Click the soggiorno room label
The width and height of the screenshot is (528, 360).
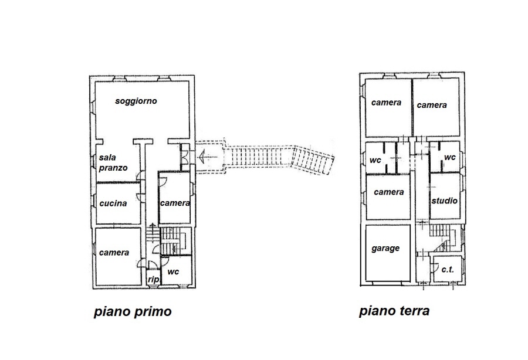(136, 101)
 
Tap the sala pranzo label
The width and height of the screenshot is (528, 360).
(113, 162)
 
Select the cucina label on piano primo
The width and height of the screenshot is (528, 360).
(113, 203)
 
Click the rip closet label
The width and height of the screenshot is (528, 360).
(153, 279)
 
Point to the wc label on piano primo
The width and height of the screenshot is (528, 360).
(173, 272)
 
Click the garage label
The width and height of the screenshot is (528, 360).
(385, 249)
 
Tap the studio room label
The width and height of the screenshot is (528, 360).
(445, 201)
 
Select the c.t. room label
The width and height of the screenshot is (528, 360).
(448, 270)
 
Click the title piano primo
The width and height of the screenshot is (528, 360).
(133, 311)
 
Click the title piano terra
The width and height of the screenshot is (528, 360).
(394, 311)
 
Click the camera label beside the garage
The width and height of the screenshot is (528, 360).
(389, 192)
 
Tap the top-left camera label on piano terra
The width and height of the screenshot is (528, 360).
(386, 103)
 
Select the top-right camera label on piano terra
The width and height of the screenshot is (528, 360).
(432, 106)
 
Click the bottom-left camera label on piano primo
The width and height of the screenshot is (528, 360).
(114, 253)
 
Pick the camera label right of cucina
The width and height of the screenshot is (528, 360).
(175, 203)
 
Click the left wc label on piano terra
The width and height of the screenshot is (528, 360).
(375, 160)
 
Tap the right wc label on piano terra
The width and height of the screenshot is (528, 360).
(450, 158)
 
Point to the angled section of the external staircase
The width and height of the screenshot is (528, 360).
(313, 159)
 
